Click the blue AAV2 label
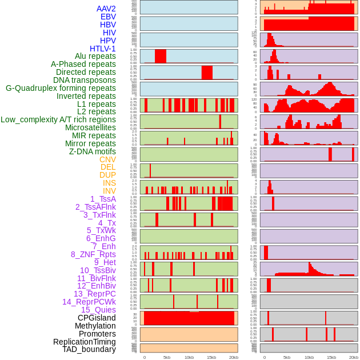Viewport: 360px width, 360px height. tap(106, 9)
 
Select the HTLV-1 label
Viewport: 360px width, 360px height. tap(103, 49)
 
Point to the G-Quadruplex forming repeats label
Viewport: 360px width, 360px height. tap(61, 88)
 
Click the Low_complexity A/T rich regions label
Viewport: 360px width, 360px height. tap(58, 119)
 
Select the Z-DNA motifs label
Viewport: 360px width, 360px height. tap(93, 151)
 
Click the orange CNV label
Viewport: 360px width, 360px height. tap(107, 159)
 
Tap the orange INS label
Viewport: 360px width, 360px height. tap(109, 183)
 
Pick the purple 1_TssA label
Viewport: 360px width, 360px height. tap(103, 199)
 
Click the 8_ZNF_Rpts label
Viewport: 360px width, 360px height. tap(93, 254)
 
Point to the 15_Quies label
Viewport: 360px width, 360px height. tap(98, 310)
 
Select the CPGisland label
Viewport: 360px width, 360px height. tap(97, 318)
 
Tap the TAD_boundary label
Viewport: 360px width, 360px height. tap(89, 349)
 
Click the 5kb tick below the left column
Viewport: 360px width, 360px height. tap(167, 357)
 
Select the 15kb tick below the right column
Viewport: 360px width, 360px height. tap(331, 357)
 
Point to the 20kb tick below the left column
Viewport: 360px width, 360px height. tap(234, 357)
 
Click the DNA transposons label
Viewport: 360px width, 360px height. tap(85, 80)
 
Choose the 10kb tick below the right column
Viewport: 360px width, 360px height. tap(309, 357)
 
